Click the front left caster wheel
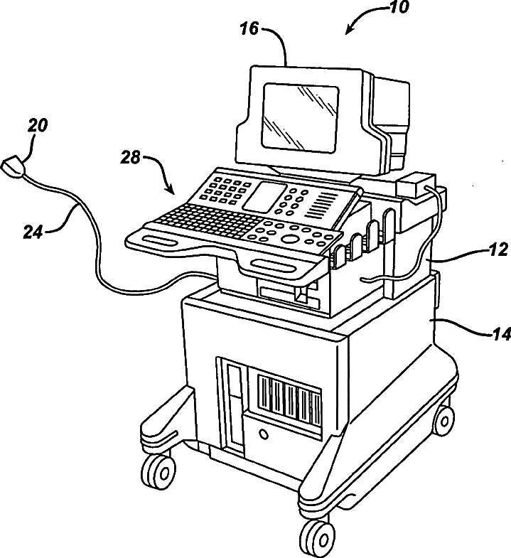(x=160, y=470)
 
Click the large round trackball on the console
(x=290, y=237)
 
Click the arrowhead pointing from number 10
(x=348, y=31)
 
